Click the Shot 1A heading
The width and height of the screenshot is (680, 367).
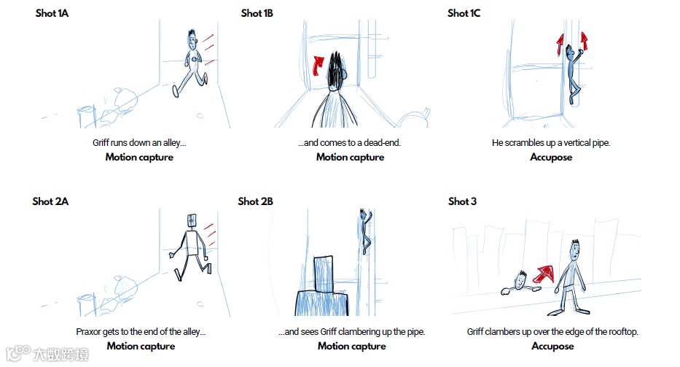click(x=52, y=13)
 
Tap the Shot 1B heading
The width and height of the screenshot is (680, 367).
click(x=257, y=13)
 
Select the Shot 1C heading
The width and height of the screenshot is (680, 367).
click(x=464, y=13)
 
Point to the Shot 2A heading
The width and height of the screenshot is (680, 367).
click(x=50, y=201)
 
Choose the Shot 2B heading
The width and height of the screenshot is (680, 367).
click(x=255, y=201)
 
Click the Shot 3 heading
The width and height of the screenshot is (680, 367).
click(x=462, y=201)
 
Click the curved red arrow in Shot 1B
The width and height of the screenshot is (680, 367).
click(x=318, y=65)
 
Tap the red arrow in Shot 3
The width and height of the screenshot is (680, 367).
click(x=544, y=274)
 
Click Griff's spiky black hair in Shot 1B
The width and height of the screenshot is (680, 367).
click(x=335, y=69)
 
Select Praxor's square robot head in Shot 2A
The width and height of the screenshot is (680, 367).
click(x=192, y=220)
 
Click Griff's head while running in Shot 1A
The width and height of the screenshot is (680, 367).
click(x=192, y=40)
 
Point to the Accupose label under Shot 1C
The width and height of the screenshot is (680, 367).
click(x=551, y=157)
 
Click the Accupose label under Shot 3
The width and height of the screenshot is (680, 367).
click(x=552, y=346)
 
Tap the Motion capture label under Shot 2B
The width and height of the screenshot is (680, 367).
click(x=352, y=346)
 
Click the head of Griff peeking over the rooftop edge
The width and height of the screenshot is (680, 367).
click(x=520, y=280)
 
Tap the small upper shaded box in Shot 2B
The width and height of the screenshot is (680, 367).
click(x=324, y=274)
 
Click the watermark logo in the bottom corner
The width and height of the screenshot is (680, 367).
click(x=47, y=354)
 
